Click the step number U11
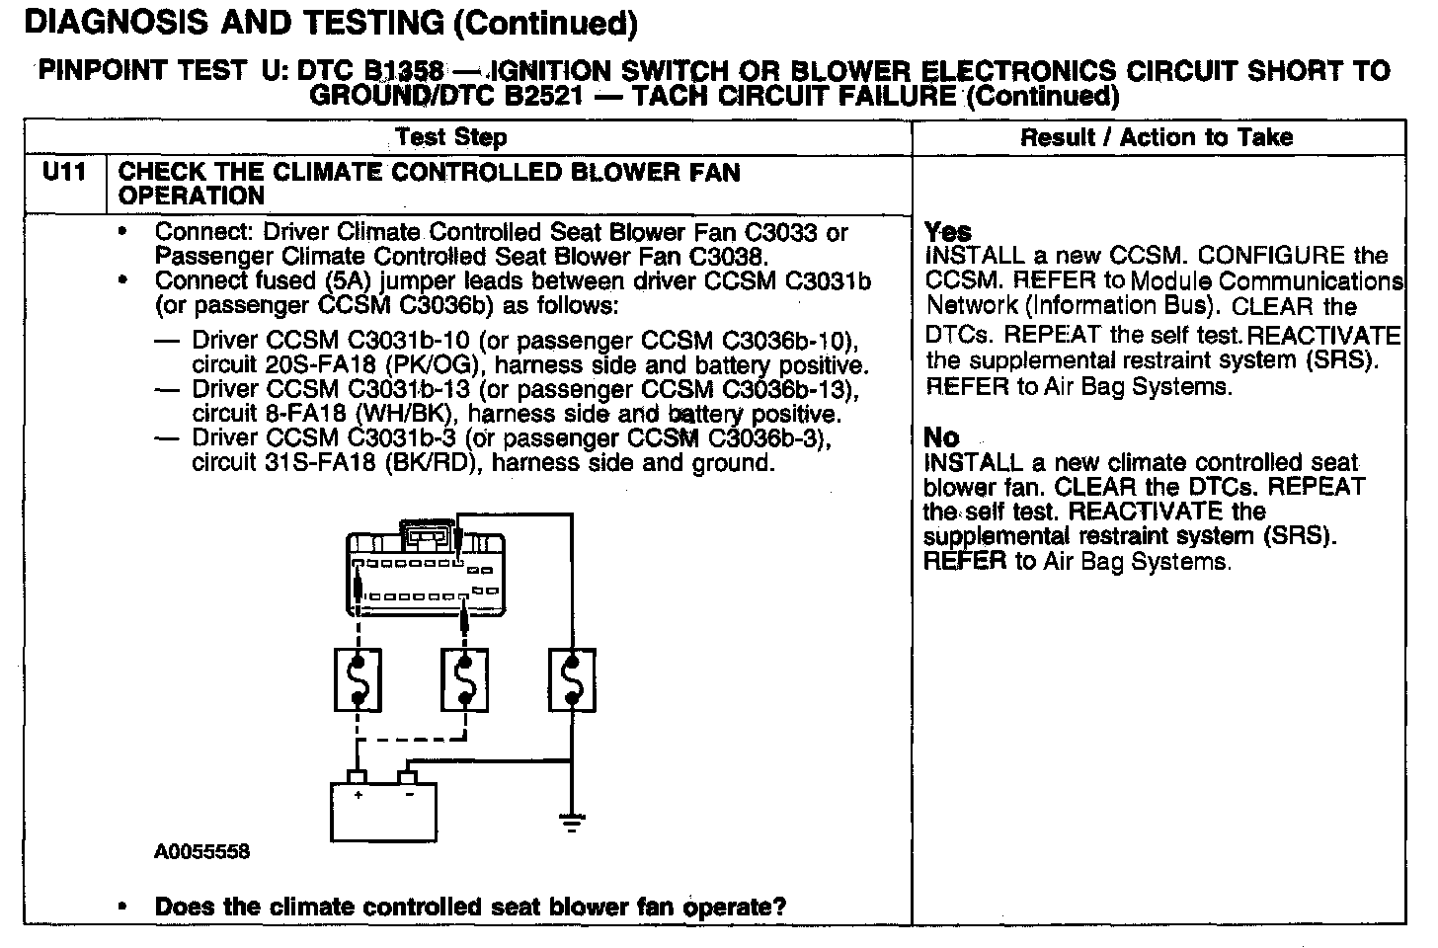pyautogui.click(x=64, y=173)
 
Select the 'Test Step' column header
pyautogui.click(x=451, y=137)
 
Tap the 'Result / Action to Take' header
pyautogui.click(x=1157, y=137)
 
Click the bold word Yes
pyautogui.click(x=947, y=232)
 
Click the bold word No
pyautogui.click(x=941, y=437)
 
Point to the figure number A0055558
pyautogui.click(x=201, y=851)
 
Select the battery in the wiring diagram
pyautogui.click(x=382, y=805)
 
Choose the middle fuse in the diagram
pyautogui.click(x=464, y=679)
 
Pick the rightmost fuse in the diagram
pyautogui.click(x=572, y=679)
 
